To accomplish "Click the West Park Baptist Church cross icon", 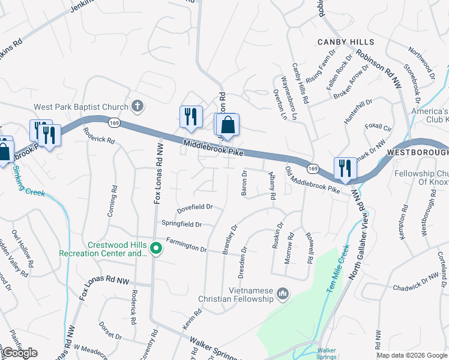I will pyautogui.click(x=137, y=107).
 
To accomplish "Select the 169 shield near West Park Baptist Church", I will pyautogui.click(x=113, y=123).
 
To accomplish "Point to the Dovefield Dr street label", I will pyautogui.click(x=194, y=209).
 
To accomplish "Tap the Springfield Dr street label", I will pyautogui.click(x=181, y=224).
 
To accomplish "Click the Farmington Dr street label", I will pyautogui.click(x=186, y=245).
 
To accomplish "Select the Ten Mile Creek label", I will pyautogui.click(x=338, y=265).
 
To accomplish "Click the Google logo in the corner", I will pyautogui.click(x=20, y=353).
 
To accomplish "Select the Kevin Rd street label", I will pyautogui.click(x=193, y=320).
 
